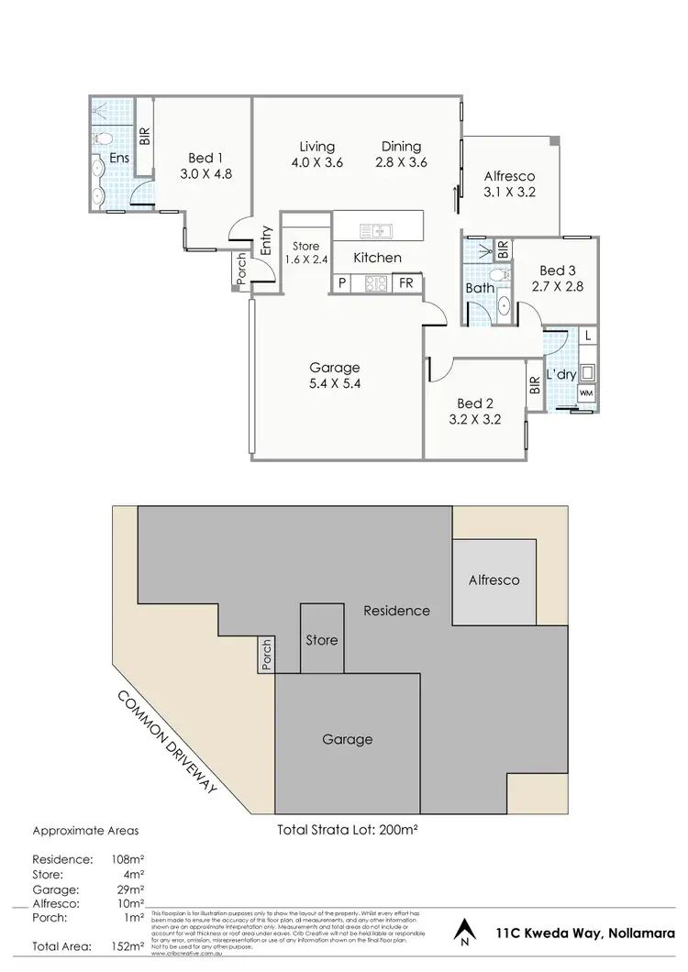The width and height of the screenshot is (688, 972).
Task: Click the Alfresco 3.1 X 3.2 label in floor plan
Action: click(508, 184)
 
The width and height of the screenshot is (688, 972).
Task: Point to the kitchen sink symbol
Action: click(376, 230)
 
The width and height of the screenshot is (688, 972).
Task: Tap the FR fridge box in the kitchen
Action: click(405, 284)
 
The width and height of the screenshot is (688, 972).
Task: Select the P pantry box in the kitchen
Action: click(342, 284)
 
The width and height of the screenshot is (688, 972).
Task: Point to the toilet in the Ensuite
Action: click(104, 138)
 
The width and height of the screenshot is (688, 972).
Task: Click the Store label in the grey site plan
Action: click(321, 640)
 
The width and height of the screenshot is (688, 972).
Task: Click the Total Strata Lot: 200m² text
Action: click(348, 831)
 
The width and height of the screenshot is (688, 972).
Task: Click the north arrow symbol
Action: click(467, 933)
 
